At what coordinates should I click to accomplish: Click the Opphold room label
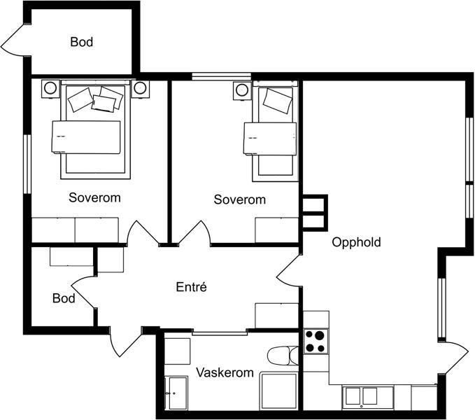point(356,242)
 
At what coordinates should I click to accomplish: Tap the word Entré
point(192,287)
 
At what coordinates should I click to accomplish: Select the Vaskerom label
point(225,372)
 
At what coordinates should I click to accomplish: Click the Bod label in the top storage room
point(81,42)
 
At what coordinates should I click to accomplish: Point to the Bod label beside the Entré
point(64,298)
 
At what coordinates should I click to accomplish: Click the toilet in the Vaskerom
point(283,356)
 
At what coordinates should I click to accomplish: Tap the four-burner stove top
point(316,341)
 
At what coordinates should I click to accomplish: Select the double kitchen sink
point(361,398)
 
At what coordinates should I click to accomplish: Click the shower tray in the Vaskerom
point(279,391)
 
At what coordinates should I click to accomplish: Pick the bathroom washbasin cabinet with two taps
point(176,393)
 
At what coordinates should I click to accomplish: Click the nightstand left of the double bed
point(50,88)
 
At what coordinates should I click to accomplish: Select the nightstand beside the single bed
point(242,90)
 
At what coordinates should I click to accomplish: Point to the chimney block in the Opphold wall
point(315,213)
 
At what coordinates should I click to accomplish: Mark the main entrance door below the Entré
point(126,342)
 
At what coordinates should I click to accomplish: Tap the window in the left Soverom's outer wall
point(27,164)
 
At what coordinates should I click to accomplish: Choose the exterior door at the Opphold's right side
point(453,358)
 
